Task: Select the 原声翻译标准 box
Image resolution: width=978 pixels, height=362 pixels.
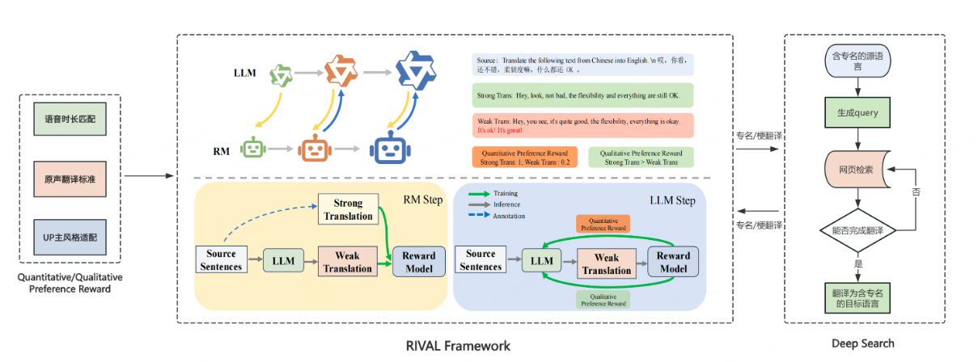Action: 70,177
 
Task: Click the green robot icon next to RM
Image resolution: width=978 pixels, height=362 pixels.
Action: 254,149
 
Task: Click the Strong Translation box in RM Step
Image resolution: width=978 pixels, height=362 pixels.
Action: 349,209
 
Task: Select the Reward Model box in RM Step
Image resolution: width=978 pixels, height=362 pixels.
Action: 418,261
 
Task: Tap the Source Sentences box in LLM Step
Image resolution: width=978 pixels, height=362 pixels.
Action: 481,260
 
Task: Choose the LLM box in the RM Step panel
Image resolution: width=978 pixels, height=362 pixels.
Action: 283,261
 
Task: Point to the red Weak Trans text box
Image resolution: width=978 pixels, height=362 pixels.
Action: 582,124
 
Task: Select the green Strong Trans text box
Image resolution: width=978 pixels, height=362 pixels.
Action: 582,96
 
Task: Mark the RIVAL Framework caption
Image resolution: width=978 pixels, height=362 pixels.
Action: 459,346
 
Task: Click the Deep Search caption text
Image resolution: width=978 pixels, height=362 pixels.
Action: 863,343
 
